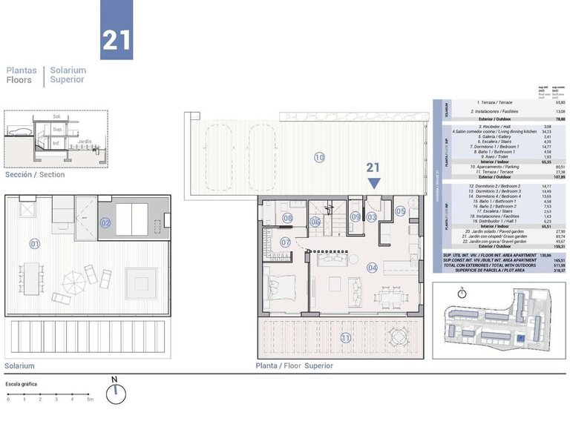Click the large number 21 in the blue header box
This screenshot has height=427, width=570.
click(x=117, y=39)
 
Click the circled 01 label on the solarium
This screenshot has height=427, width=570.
click(x=34, y=243)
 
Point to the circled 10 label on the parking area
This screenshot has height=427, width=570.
click(x=319, y=157)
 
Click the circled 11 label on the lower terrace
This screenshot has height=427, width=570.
click(x=345, y=339)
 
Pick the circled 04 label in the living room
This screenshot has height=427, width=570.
click(x=372, y=268)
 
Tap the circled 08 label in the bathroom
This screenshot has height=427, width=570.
click(x=287, y=218)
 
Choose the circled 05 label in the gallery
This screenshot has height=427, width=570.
click(x=401, y=211)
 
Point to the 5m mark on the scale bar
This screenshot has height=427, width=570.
click(x=88, y=399)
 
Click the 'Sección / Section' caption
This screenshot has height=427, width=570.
click(x=35, y=175)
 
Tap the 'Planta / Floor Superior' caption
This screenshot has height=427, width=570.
click(x=294, y=365)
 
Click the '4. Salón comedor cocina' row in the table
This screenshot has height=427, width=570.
click(x=505, y=131)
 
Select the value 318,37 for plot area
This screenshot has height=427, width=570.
click(x=546, y=271)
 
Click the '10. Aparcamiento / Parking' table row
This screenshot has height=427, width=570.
click(x=505, y=168)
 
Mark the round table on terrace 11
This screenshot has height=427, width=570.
click(x=397, y=338)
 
